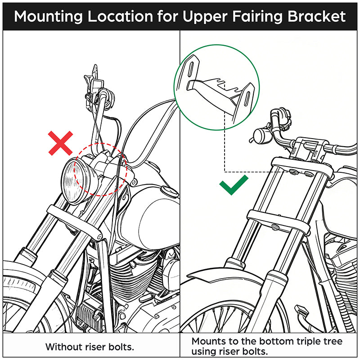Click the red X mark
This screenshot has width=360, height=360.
coord(61,144)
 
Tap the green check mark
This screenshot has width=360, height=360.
coord(234,185)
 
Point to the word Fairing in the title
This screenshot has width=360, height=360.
coord(249,16)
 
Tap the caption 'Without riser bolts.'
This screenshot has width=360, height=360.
coord(90,347)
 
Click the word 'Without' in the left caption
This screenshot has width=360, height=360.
coord(62,347)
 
